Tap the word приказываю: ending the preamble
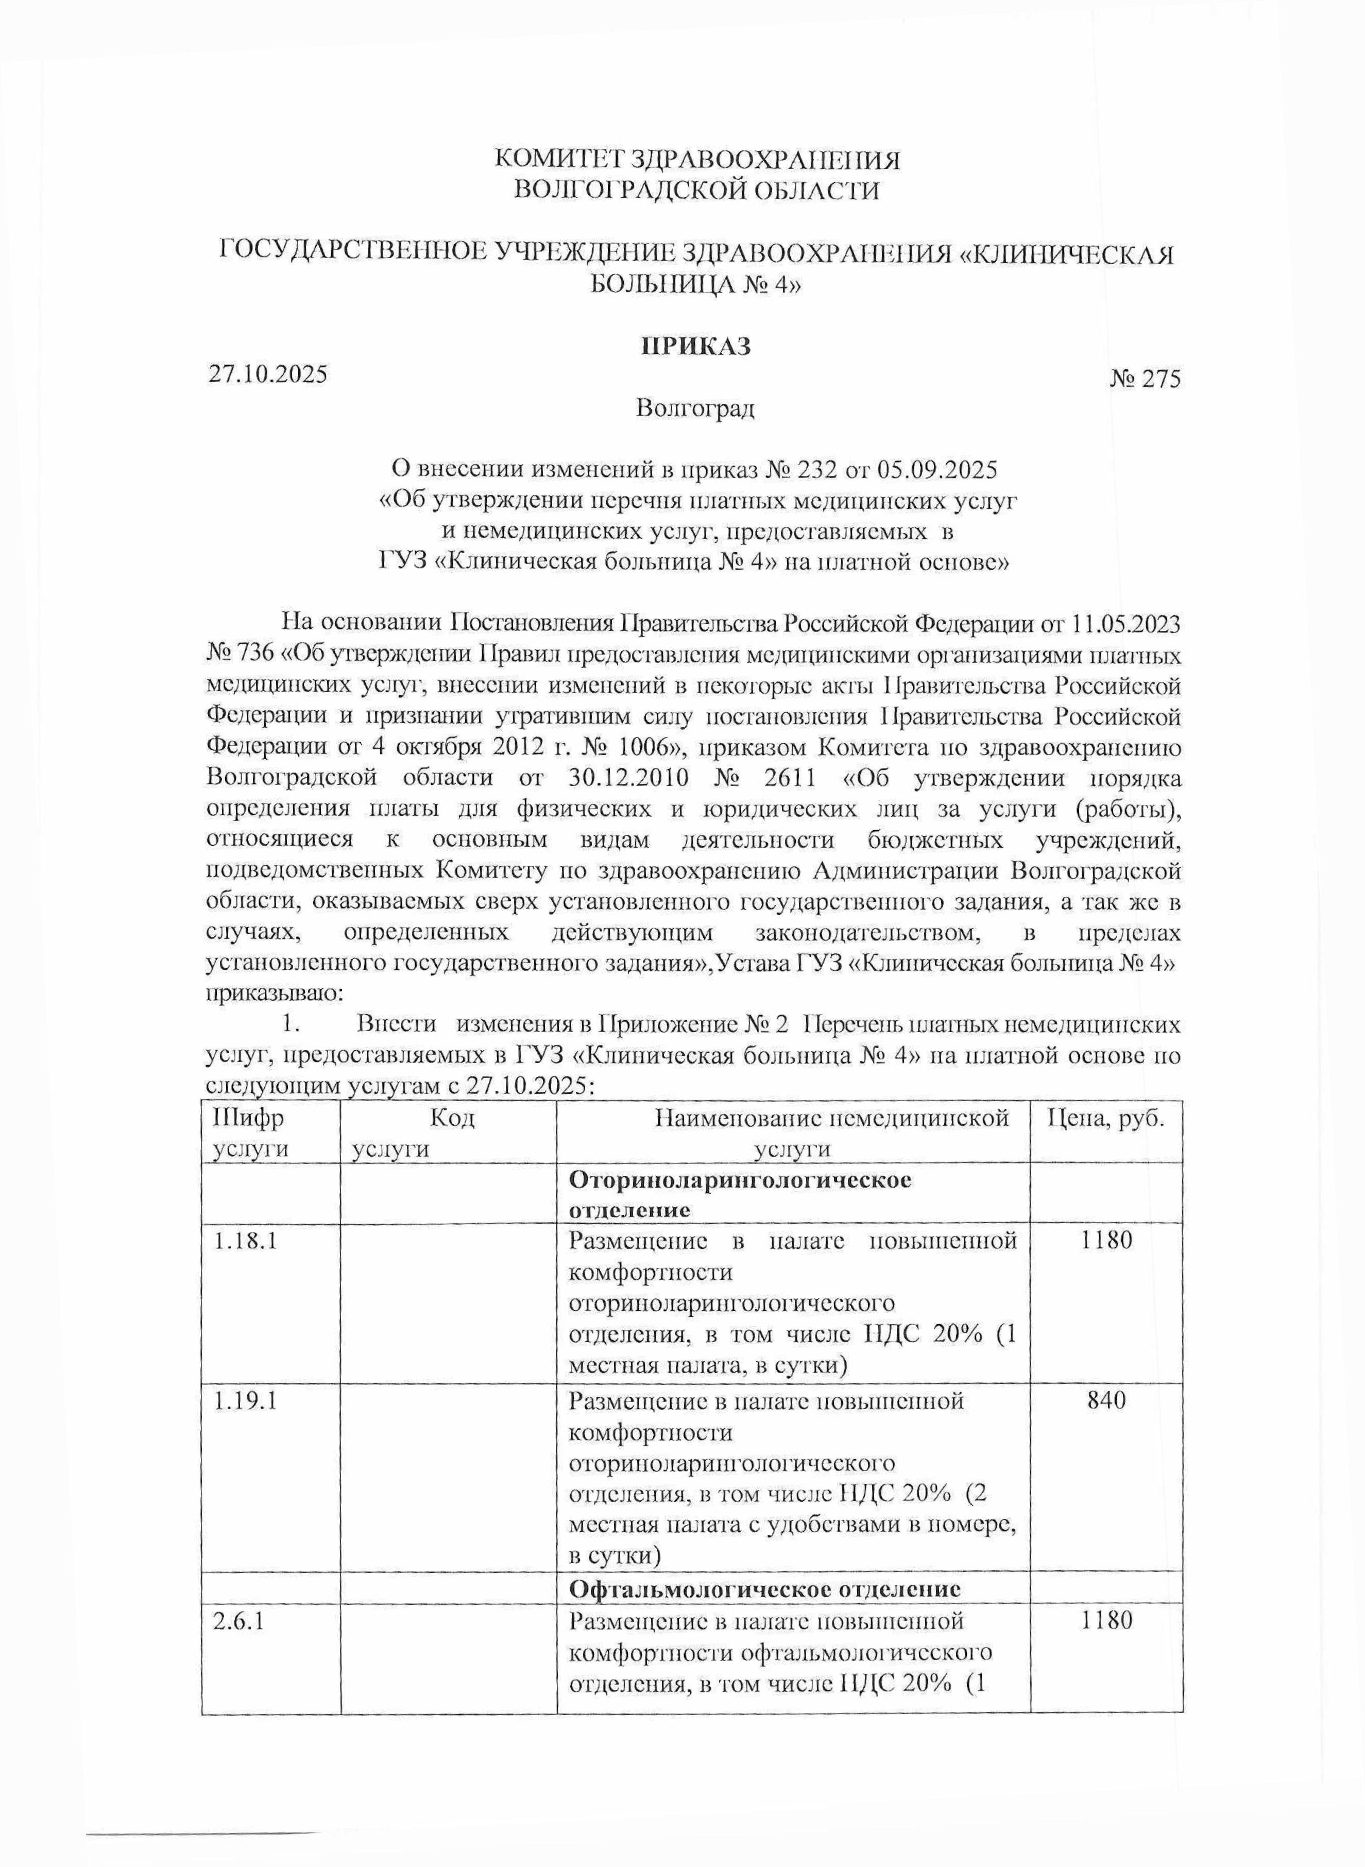270,995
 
